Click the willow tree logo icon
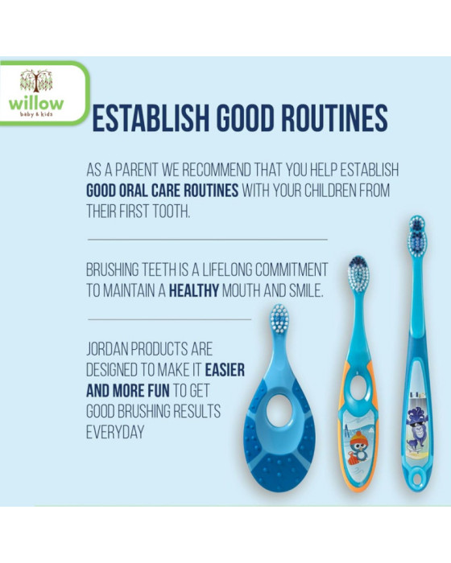pos(36,80)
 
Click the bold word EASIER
pos(223,372)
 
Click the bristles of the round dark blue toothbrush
pos(279,319)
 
